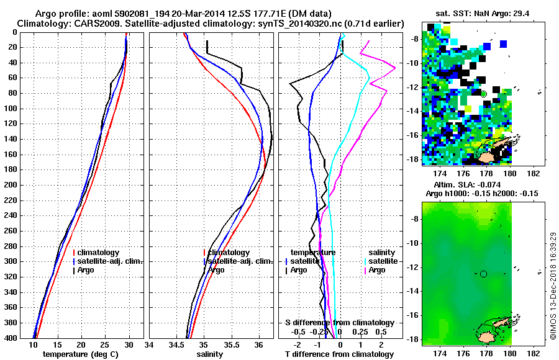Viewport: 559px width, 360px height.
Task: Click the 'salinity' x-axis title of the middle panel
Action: pyautogui.click(x=211, y=354)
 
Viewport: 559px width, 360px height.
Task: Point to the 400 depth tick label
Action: pyautogui.click(x=10, y=338)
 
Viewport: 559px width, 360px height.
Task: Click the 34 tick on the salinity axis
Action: pyautogui.click(x=150, y=344)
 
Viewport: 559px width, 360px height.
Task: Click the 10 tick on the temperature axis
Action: pyautogui.click(x=34, y=344)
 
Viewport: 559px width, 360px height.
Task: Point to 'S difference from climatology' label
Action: pyautogui.click(x=340, y=323)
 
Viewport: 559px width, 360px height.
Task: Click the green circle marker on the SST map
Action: pyautogui.click(x=483, y=94)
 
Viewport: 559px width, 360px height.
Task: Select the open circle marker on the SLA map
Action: pyautogui.click(x=483, y=274)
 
